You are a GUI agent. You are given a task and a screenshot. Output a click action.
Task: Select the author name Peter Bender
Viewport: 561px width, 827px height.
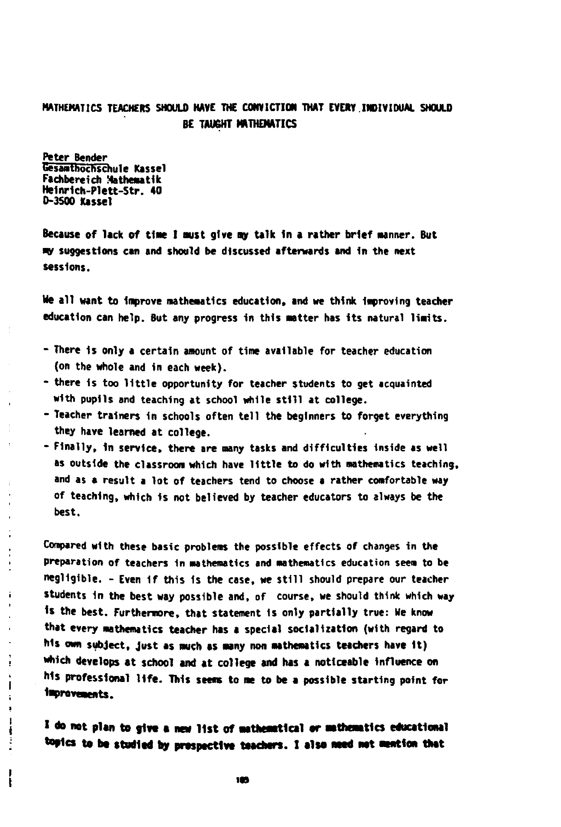point(75,157)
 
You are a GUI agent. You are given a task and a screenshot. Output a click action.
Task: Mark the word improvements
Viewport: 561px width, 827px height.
point(78,694)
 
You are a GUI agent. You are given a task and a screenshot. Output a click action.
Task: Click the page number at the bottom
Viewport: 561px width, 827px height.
point(242,780)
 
